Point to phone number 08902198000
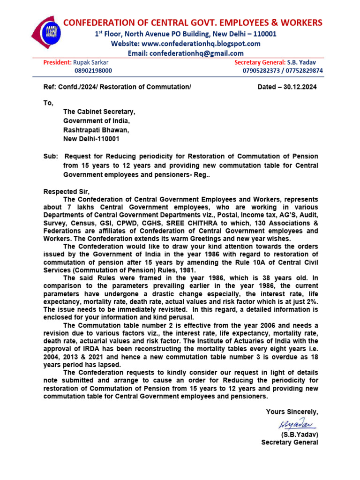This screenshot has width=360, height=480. (93, 71)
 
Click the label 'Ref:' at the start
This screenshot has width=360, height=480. (50, 87)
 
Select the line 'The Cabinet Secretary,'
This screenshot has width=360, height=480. (99, 112)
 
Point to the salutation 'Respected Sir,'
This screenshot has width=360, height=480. (66, 191)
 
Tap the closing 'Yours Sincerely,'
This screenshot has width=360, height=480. (292, 412)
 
